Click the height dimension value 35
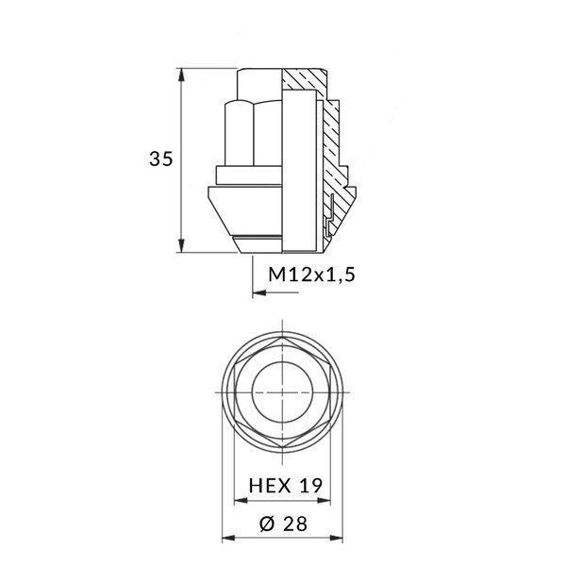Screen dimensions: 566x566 click(160, 159)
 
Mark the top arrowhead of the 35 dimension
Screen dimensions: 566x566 click(180, 73)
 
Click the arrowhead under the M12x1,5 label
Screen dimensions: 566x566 click(259, 294)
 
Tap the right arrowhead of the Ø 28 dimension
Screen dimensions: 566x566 click(340, 541)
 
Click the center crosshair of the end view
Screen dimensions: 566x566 click(282, 391)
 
